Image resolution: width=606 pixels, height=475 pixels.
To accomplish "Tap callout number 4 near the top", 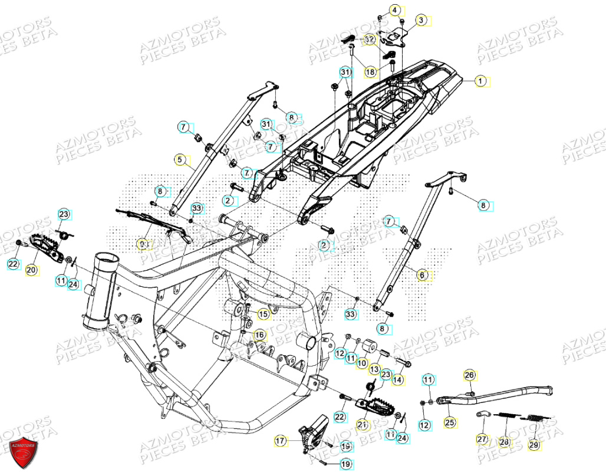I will coord(395,9).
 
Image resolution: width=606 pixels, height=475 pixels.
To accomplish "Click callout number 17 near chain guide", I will coord(281,440).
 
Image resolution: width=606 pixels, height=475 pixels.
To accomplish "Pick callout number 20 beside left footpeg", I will coord(31,269).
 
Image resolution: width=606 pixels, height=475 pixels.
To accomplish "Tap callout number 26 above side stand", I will coord(469,375).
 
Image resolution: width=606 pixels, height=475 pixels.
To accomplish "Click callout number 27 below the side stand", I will coord(482,439).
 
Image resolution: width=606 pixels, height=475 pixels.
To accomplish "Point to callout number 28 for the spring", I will coord(504,442).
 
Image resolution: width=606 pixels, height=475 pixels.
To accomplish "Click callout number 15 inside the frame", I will coord(263,315).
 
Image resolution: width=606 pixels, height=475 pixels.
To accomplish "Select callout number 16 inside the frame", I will coord(259,335).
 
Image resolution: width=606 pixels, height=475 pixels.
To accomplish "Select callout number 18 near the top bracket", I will coord(370,72).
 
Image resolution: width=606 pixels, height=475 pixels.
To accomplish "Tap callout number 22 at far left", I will coord(13,264).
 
